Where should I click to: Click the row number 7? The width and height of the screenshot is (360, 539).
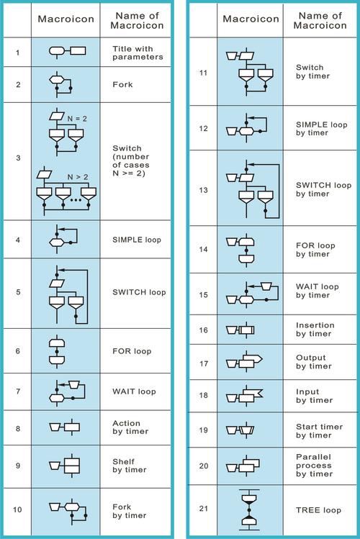[x=17, y=391]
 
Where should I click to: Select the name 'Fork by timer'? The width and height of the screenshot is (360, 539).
[x=130, y=511]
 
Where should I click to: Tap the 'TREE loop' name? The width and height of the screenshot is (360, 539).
[x=318, y=509]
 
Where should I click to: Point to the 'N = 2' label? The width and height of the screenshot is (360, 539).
[x=77, y=119]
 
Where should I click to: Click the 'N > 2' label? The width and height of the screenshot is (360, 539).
[x=78, y=177]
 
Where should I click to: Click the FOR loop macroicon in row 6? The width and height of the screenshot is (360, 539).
[x=57, y=351]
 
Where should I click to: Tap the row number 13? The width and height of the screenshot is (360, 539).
[x=203, y=190]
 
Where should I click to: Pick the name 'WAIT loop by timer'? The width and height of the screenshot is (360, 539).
[x=317, y=291]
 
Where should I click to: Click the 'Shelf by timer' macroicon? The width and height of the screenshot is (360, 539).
[x=65, y=466]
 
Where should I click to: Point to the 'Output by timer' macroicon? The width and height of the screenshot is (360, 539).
[x=244, y=362]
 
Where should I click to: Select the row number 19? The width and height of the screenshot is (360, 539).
[x=204, y=430]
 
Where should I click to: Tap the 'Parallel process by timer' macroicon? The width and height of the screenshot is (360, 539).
[x=243, y=466]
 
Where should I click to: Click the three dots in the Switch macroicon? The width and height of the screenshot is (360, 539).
[x=76, y=200]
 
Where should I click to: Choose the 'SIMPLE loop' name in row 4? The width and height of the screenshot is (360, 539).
[x=137, y=240]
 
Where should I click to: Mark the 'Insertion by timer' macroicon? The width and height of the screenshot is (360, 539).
[x=240, y=330]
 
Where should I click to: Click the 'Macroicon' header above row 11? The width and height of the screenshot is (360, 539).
[x=251, y=19]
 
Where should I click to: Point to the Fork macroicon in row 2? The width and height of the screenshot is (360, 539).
[x=61, y=85]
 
